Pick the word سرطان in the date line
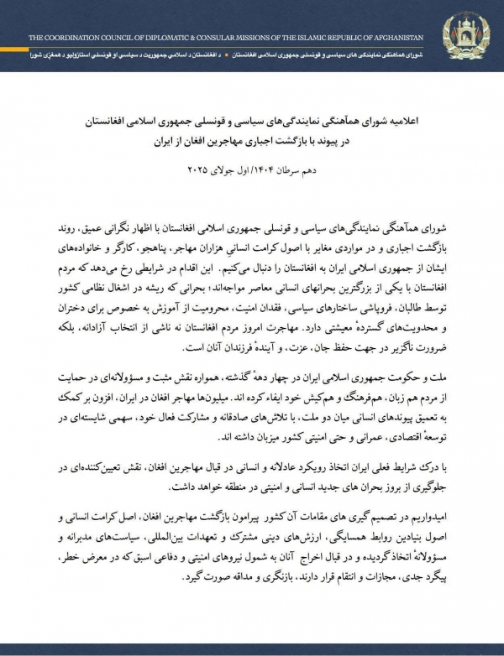click(294, 171)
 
